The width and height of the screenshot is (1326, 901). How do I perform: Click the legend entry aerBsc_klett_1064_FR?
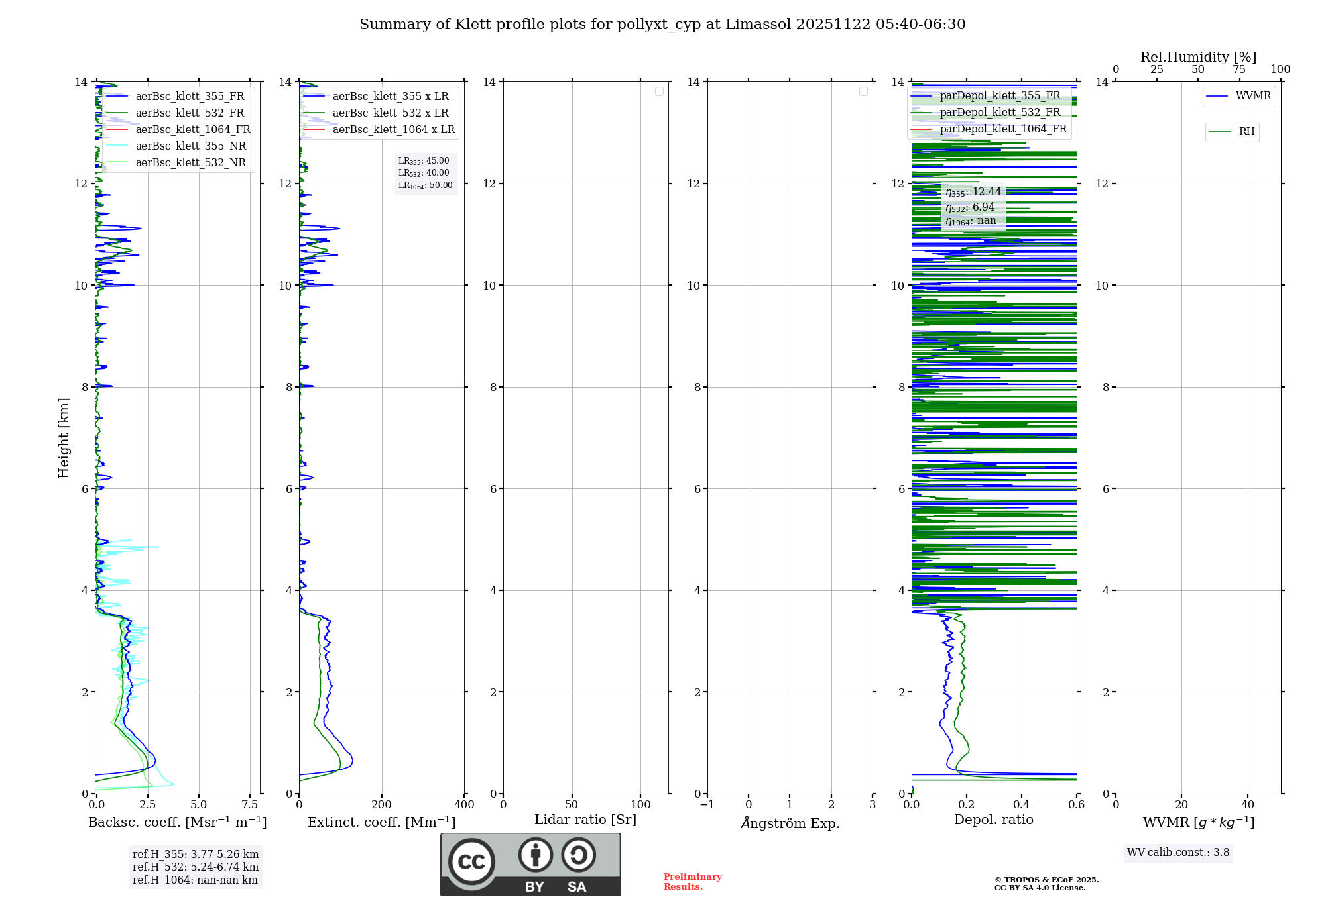(193, 130)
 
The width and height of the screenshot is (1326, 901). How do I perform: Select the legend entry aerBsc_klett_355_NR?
(190, 146)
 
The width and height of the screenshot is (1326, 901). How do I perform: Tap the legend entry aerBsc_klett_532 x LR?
(390, 113)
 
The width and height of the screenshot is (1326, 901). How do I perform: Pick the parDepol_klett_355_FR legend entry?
(1000, 96)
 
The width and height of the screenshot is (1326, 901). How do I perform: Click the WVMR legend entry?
(1253, 96)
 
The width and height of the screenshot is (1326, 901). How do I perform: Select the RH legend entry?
(1246, 132)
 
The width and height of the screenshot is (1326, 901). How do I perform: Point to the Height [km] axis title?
(64, 438)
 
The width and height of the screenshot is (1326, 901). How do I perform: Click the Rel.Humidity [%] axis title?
(1198, 57)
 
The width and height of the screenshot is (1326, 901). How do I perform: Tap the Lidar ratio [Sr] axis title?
(585, 820)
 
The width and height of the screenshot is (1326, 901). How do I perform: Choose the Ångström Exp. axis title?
(790, 823)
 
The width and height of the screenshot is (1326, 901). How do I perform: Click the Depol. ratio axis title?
(993, 820)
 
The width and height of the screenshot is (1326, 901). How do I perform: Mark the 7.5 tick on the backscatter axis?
(250, 805)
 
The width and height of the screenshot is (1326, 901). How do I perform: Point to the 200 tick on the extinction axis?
(382, 805)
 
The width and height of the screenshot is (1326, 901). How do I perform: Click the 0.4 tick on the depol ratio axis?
(1022, 805)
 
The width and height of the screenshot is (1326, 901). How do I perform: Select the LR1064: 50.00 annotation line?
(426, 185)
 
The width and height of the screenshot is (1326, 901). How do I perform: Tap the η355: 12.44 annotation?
(973, 192)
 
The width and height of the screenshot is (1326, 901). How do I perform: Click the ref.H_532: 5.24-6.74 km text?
(196, 867)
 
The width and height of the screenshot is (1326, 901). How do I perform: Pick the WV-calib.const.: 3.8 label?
(1178, 853)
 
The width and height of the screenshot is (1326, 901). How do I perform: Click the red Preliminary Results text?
(692, 882)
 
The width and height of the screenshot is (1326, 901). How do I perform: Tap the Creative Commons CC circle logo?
(471, 862)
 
